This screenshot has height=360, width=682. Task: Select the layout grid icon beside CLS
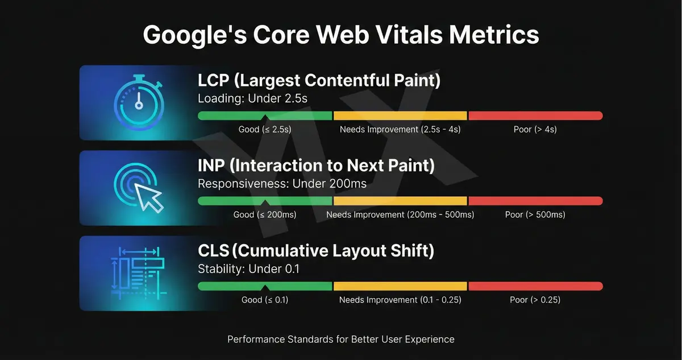(x=139, y=272)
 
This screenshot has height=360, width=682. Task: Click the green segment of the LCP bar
(x=265, y=116)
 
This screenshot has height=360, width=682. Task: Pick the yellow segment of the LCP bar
(x=400, y=116)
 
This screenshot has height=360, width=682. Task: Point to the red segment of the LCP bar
(x=535, y=116)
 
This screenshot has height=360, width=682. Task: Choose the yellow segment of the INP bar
(x=400, y=201)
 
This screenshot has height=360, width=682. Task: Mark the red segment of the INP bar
(x=535, y=201)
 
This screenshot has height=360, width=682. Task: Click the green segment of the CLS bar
(x=265, y=286)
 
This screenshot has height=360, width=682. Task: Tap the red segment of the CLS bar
(x=535, y=286)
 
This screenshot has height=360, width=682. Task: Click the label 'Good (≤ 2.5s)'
(x=265, y=130)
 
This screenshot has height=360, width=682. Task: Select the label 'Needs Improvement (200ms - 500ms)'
(x=400, y=215)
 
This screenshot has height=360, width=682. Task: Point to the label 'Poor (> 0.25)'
(x=535, y=300)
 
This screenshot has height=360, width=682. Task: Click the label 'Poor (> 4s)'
(x=535, y=130)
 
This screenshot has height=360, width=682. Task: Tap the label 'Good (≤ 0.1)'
(x=265, y=300)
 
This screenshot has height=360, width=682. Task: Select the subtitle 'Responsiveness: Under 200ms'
(x=282, y=184)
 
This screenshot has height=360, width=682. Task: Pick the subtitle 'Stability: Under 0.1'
(x=248, y=269)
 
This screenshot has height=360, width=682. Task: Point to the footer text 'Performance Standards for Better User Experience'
(x=341, y=340)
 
